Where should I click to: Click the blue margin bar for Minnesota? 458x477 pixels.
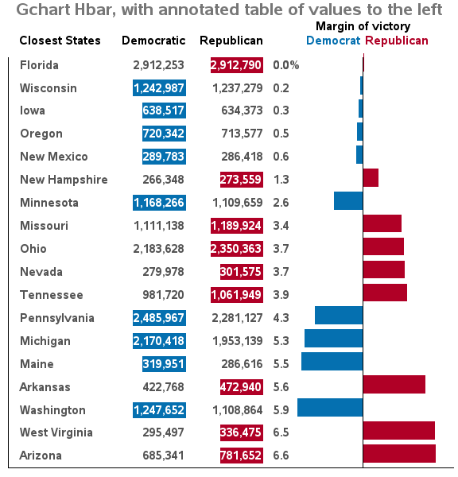coord(348,201)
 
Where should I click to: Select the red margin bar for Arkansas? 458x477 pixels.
coord(394,385)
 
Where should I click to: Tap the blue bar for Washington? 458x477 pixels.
coord(330,408)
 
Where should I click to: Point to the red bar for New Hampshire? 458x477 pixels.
coord(371,177)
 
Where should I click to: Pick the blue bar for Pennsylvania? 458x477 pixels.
coord(339,316)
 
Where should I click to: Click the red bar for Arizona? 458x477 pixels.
coord(400,454)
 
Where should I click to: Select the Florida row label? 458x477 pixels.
coord(39,65)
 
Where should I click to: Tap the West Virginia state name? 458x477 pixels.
coord(56,432)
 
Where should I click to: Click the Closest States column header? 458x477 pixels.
coord(60,41)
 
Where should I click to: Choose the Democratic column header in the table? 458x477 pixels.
coord(153,41)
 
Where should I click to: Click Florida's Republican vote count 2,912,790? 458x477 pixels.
coord(237,65)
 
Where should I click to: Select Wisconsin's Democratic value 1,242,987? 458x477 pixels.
coord(159,88)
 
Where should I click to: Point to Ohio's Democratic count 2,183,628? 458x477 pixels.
coord(158,249)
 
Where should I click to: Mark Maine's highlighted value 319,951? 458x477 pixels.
coord(164,364)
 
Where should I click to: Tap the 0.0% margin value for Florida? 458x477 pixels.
coord(286,65)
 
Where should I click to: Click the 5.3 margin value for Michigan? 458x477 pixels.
coord(281,341)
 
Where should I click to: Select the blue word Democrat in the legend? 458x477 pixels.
coord(333,41)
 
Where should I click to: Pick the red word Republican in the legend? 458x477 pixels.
coord(397,41)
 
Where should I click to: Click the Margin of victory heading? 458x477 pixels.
coord(363,26)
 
